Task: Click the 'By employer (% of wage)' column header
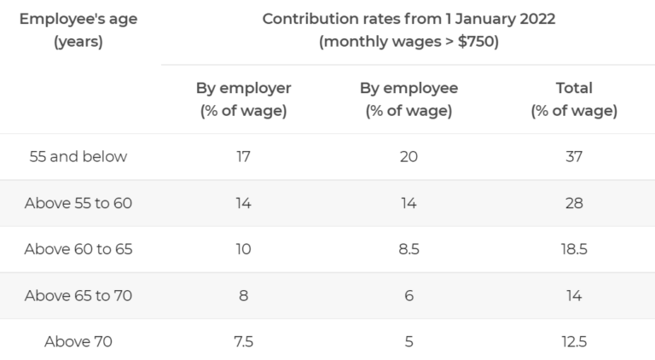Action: [243, 99]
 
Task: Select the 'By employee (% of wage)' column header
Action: [409, 99]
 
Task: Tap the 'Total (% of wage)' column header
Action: [573, 99]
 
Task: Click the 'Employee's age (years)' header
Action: [78, 31]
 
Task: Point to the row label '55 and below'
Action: [78, 157]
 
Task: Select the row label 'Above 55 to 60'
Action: [78, 203]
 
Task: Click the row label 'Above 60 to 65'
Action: [78, 250]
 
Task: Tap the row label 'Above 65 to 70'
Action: [78, 296]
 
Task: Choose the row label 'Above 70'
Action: [78, 342]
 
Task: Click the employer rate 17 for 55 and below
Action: [243, 157]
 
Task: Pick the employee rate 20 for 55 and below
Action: [409, 157]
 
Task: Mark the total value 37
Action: [573, 157]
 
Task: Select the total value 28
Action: [573, 203]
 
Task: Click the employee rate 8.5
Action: [409, 250]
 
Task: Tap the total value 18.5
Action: [573, 250]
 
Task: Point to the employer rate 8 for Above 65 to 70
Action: [243, 296]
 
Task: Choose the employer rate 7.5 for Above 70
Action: [243, 342]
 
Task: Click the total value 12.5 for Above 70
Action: [573, 342]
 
